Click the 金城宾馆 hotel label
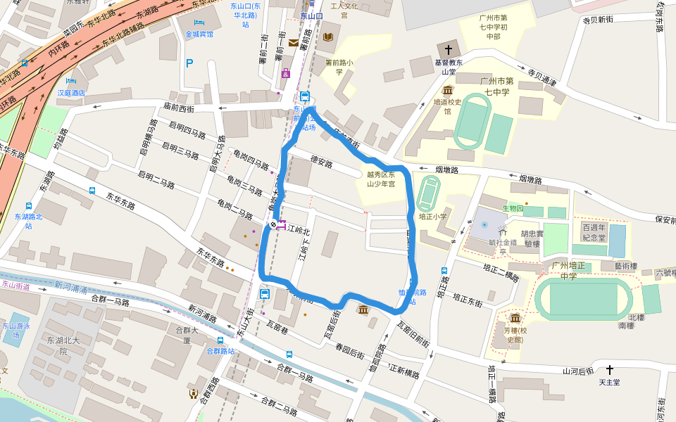(x=199, y=34)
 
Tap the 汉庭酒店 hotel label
(x=71, y=92)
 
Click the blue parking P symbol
(x=189, y=63)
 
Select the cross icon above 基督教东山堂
(x=448, y=50)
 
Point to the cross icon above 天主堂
(x=609, y=369)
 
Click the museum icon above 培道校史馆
(x=448, y=90)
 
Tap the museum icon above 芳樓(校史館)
(x=515, y=318)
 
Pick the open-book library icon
(x=329, y=37)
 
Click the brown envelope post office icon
(x=293, y=43)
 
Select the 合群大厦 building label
(x=187, y=334)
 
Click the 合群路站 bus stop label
(x=220, y=351)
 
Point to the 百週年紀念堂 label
(x=594, y=232)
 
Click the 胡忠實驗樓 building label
(x=531, y=239)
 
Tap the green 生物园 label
(x=513, y=208)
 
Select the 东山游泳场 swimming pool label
(x=16, y=331)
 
